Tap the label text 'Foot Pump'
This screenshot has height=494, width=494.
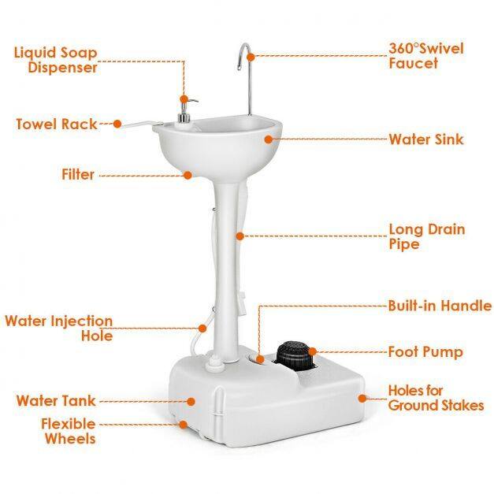click(425, 352)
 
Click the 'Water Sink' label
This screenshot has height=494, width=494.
click(426, 139)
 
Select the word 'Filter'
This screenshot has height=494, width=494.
click(78, 175)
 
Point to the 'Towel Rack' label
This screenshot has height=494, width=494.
click(57, 124)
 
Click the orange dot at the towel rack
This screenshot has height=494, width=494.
click(117, 124)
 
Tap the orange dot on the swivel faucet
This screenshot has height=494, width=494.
click(251, 58)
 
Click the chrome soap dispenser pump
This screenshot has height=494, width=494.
click(185, 110)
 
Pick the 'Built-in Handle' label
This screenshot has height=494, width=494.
click(440, 306)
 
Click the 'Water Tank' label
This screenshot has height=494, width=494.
click(56, 401)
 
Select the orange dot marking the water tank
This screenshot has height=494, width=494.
click(191, 401)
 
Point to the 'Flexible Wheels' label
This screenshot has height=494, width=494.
click(69, 431)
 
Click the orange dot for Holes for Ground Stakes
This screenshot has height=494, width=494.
click(362, 399)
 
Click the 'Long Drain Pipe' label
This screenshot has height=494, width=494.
click(427, 236)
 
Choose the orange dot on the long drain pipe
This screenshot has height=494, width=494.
click(240, 236)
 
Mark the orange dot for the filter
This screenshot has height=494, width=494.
click(188, 175)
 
